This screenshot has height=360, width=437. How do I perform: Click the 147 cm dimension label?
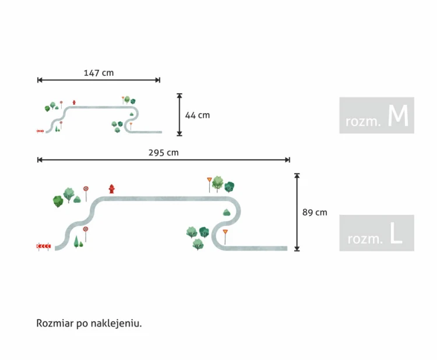pos(98,73)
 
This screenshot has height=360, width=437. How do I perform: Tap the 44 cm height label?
pos(198,115)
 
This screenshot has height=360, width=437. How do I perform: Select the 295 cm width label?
pos(164,153)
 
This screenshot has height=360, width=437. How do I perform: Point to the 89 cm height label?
pos(315,212)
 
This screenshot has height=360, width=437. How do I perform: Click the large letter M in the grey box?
pos(398,116)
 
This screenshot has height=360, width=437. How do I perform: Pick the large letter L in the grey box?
pos(396,234)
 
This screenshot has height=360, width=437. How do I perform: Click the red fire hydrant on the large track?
pos(112,189)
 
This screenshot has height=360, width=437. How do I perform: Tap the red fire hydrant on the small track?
pos(74,103)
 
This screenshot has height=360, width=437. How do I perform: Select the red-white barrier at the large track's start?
pos(44,246)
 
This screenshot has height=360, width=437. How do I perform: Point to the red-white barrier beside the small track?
pos(40,131)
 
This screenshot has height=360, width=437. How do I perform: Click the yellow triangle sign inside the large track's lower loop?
pos(225,232)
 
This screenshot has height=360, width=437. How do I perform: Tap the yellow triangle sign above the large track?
pos(209,180)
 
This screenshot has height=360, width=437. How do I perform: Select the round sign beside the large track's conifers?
pos(86,229)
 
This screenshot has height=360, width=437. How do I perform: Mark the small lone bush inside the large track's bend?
pos(227,213)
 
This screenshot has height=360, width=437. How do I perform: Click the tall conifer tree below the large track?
pos(76,242)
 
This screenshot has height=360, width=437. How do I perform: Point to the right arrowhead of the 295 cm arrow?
pos(288,160)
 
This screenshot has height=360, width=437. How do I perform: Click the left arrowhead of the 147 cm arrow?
pos(40,80)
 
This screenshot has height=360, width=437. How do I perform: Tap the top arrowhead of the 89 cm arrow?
pos(297,175)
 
